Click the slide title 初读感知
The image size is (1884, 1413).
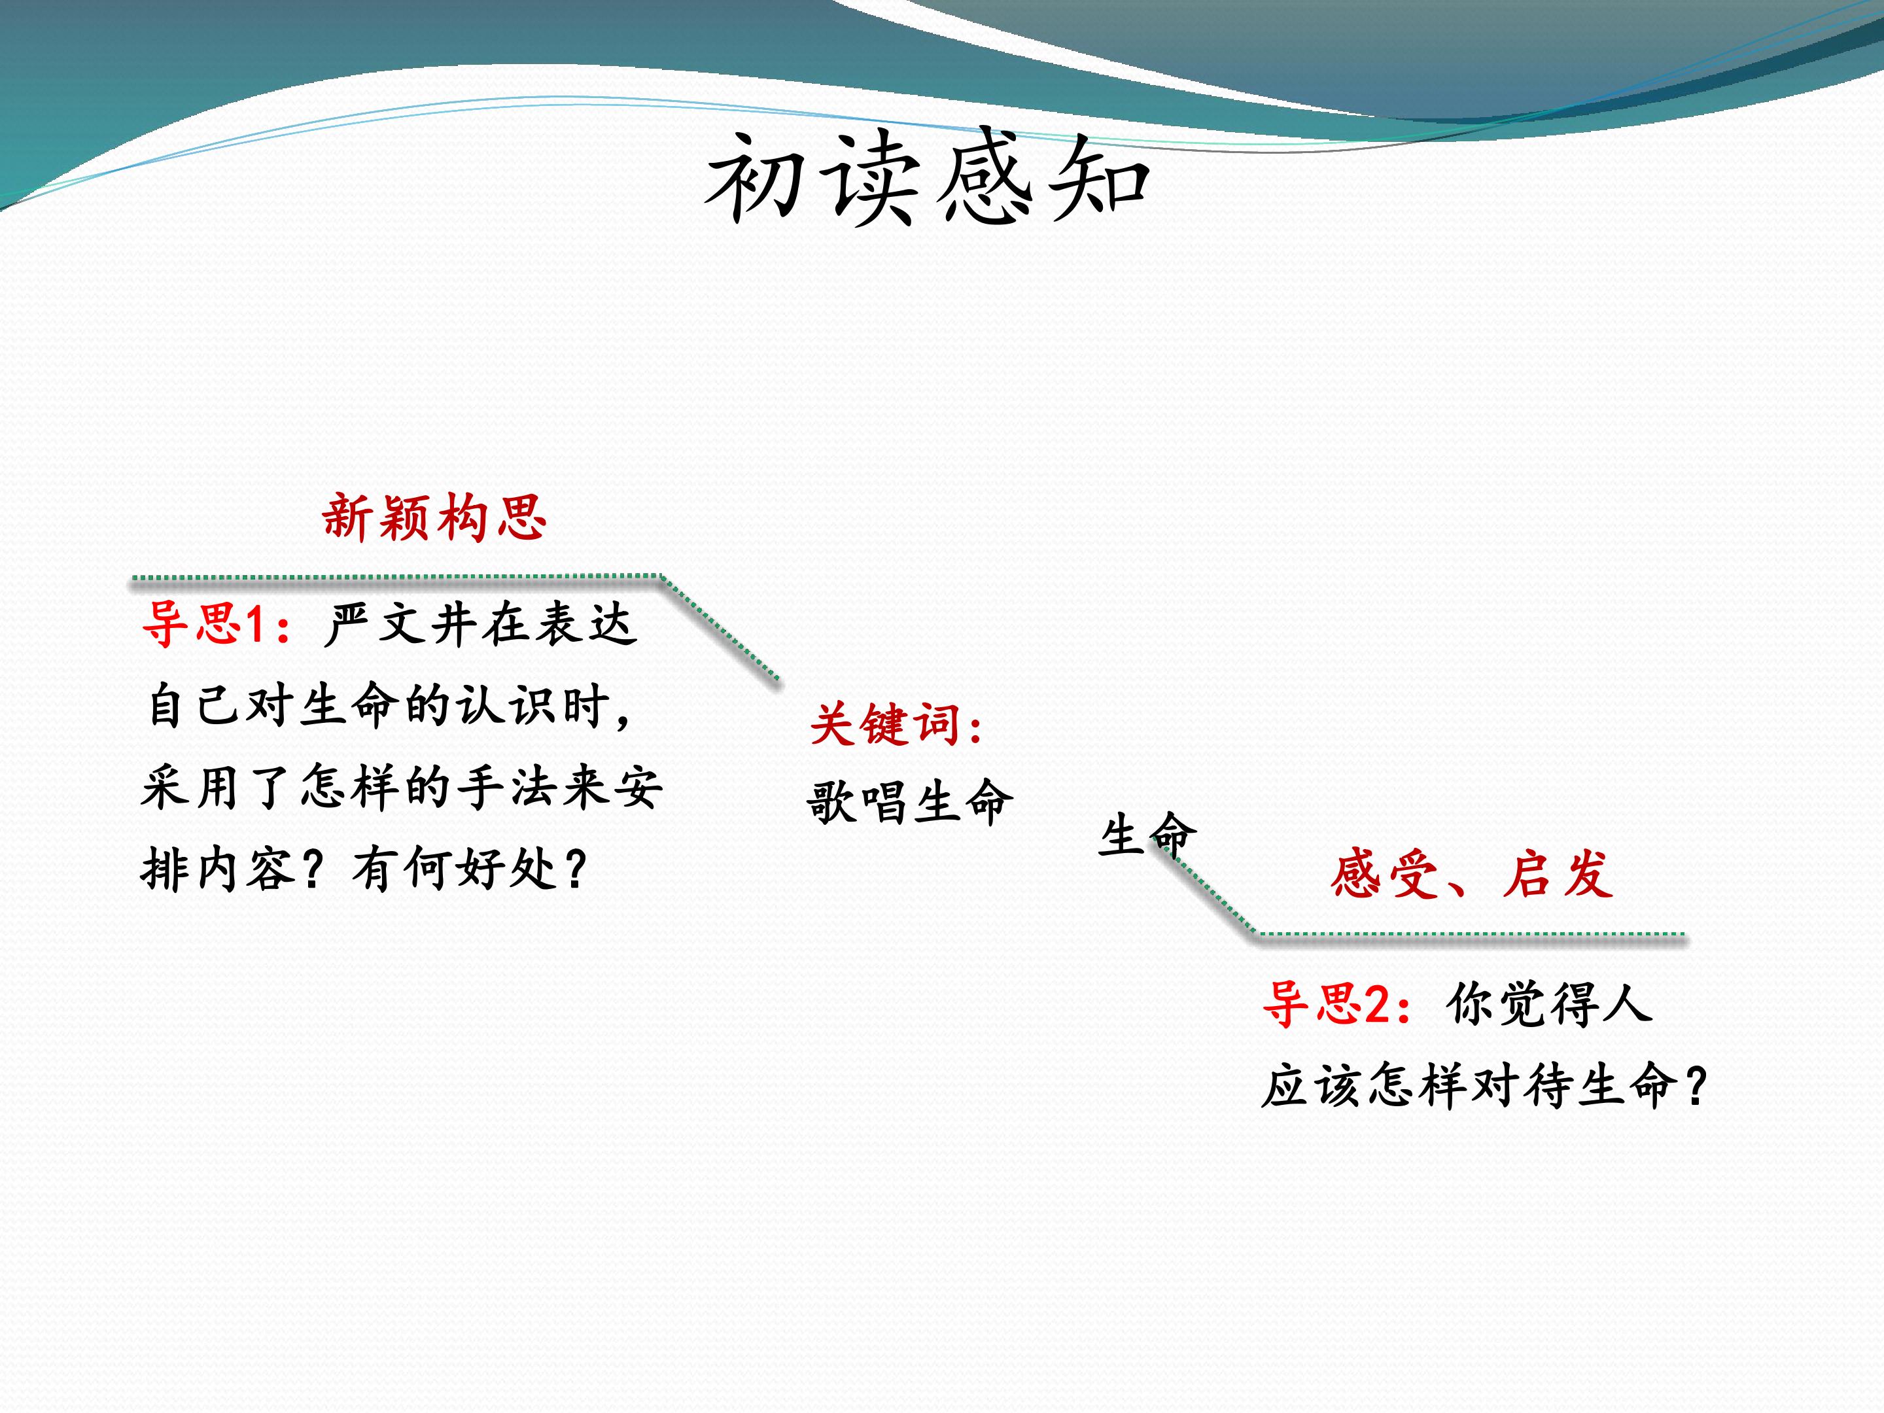(x=928, y=178)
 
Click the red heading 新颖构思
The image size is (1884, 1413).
(x=434, y=517)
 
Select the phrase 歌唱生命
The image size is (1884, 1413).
(x=910, y=802)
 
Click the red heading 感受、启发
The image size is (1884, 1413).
(x=1472, y=874)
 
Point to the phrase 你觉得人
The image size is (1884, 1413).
(x=1548, y=1003)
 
